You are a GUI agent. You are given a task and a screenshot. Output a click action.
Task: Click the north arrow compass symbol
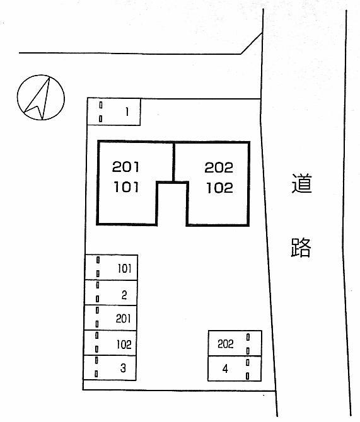(41, 98)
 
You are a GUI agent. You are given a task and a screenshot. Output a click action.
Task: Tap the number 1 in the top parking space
(127, 111)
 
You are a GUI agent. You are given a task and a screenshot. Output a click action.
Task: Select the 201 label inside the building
(125, 167)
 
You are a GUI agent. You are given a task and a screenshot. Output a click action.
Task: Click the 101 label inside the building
(126, 187)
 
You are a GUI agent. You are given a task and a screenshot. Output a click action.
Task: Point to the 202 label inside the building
(219, 168)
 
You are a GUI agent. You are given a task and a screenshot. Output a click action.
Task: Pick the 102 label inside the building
(220, 188)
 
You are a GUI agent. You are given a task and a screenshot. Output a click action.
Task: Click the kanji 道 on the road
(302, 183)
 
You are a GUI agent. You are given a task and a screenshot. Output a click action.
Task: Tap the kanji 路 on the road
(301, 248)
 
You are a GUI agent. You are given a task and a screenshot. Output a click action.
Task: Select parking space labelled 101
(112, 267)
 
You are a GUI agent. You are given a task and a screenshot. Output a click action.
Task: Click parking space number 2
(111, 292)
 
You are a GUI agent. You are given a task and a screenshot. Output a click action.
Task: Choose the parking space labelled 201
(110, 317)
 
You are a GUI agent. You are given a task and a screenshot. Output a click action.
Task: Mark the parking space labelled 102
(110, 343)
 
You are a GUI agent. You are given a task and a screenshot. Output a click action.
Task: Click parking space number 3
(110, 368)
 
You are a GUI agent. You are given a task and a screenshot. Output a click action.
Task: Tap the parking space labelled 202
(235, 343)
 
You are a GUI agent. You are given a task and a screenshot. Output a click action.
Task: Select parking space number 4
(235, 368)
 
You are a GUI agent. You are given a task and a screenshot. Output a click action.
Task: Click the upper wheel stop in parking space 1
(101, 105)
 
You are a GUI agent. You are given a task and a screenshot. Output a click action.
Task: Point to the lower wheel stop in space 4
(248, 376)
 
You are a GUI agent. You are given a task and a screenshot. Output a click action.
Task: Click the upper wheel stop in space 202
(248, 337)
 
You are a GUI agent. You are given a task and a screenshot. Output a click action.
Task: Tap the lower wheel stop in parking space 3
(96, 374)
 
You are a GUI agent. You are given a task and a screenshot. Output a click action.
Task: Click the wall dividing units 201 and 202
(174, 163)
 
